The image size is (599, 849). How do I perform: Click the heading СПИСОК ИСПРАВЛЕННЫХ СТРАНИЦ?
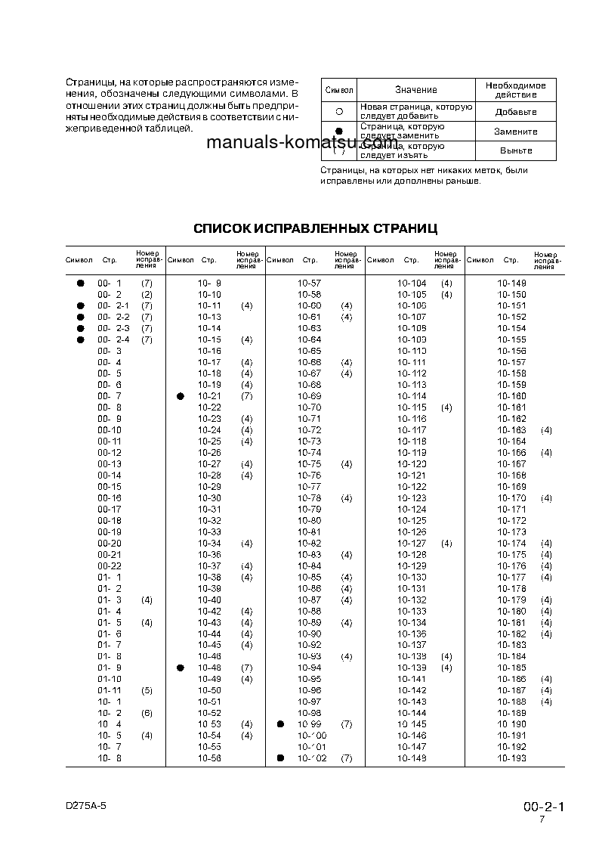(x=315, y=228)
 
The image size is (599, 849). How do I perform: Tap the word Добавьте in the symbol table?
(x=516, y=112)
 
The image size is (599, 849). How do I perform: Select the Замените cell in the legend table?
(x=516, y=132)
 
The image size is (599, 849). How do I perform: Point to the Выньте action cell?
(x=516, y=150)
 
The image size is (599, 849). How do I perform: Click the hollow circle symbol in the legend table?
(x=339, y=111)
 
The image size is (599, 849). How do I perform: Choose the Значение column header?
(x=415, y=90)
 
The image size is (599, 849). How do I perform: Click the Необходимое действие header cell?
(x=516, y=89)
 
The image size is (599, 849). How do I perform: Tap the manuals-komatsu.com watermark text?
(x=301, y=143)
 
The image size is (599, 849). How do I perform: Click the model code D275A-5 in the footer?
(x=86, y=806)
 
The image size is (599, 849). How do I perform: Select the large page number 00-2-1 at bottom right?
(x=543, y=807)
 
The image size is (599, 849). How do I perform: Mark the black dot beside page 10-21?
(x=181, y=396)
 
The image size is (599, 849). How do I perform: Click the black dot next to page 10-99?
(x=280, y=724)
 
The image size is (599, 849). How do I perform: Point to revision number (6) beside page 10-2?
(x=147, y=713)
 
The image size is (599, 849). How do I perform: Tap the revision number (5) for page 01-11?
(x=147, y=690)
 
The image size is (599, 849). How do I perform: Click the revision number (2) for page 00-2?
(x=147, y=294)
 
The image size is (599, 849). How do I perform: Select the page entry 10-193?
(x=511, y=758)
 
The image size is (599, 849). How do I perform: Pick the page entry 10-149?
(x=511, y=283)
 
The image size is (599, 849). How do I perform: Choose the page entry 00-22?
(x=110, y=566)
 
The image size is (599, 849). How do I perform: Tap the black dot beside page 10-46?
(x=181, y=668)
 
